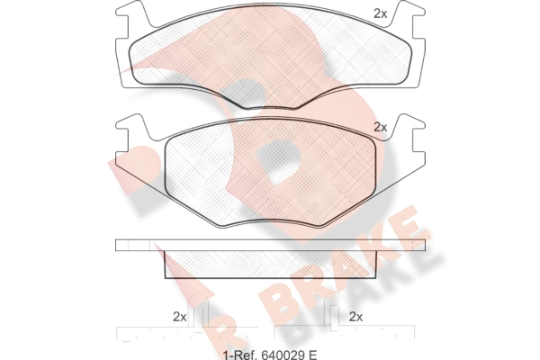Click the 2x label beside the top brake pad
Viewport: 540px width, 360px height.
pos(380,13)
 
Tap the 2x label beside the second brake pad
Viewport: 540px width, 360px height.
pos(380,128)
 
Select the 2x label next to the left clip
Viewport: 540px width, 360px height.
pos(179,316)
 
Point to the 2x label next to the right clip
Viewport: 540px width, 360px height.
pos(355,316)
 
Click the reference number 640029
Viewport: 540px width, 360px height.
pos(282,355)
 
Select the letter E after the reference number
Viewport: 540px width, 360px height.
pos(312,355)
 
